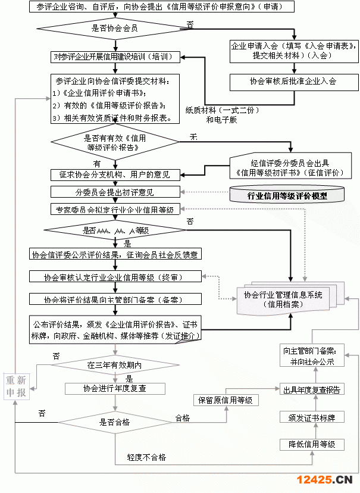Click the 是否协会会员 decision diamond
coord(114,29)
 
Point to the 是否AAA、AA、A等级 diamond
coord(115,230)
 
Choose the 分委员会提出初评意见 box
coord(115,192)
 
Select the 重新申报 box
coord(16,387)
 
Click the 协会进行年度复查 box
coord(115,388)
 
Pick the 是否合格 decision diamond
coord(114,422)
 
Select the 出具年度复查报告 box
coord(312,390)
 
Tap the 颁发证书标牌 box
coord(312,417)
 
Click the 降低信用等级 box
coord(312,444)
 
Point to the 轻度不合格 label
coord(146,458)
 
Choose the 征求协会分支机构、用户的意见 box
coord(115,174)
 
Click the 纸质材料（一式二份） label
coord(221,110)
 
